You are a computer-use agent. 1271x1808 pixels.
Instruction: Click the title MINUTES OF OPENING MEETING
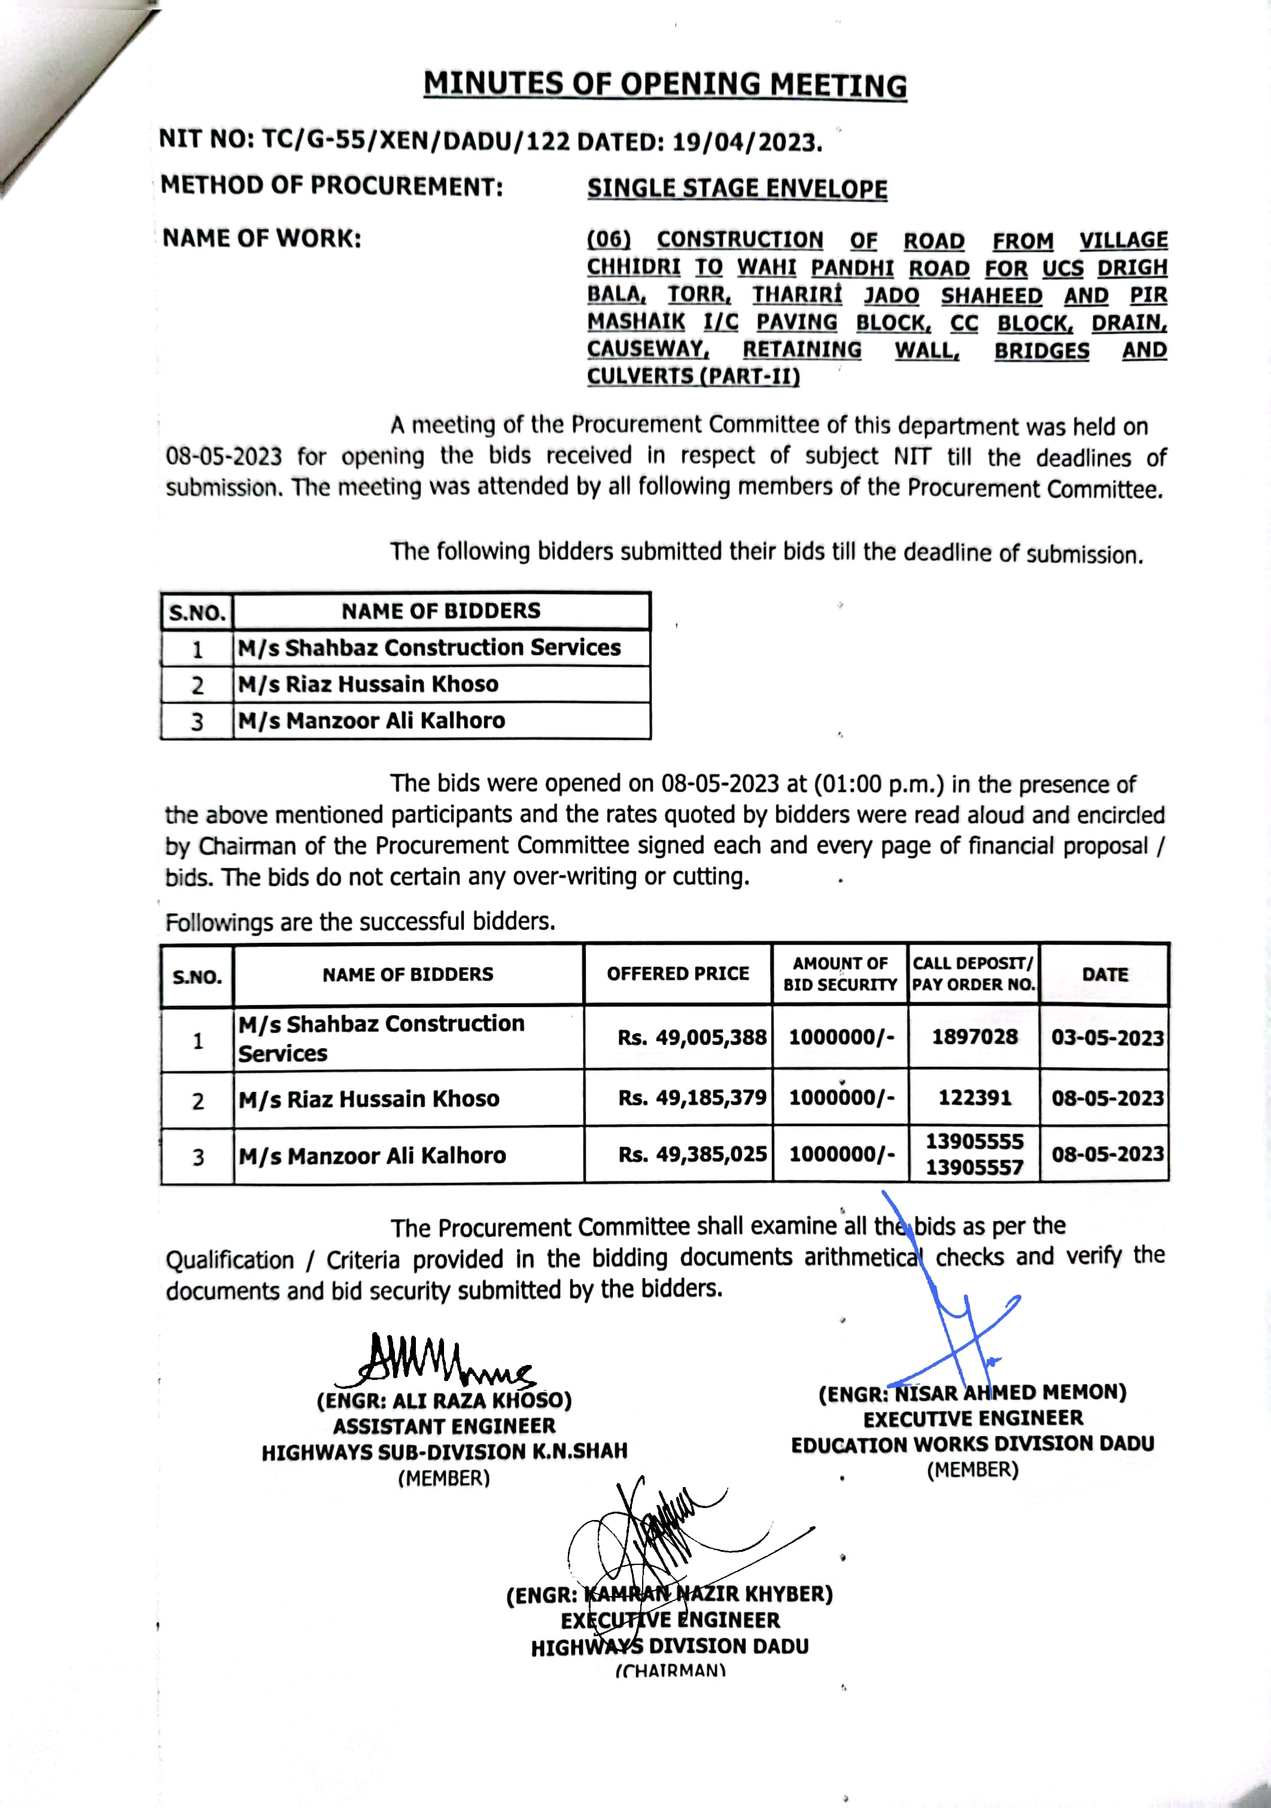click(665, 84)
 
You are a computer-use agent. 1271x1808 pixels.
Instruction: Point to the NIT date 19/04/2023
click(747, 142)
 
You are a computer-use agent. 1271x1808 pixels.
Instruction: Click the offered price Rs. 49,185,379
click(692, 1098)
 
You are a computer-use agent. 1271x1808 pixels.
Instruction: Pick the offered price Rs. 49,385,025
click(692, 1154)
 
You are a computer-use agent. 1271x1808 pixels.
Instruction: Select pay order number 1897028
click(974, 1037)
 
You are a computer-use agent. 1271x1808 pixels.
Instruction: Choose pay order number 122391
click(974, 1098)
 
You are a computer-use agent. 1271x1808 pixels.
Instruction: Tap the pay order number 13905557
click(974, 1167)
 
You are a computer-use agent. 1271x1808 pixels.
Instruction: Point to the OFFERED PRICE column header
click(677, 974)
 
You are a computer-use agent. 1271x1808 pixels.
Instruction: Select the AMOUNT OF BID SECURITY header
click(840, 974)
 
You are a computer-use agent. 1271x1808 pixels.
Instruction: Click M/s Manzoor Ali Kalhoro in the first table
click(372, 721)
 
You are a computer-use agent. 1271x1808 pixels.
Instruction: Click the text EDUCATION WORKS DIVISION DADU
click(973, 1444)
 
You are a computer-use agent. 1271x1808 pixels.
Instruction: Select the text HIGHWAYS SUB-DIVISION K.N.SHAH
click(445, 1452)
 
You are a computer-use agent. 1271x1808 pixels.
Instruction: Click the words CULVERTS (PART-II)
click(694, 377)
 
